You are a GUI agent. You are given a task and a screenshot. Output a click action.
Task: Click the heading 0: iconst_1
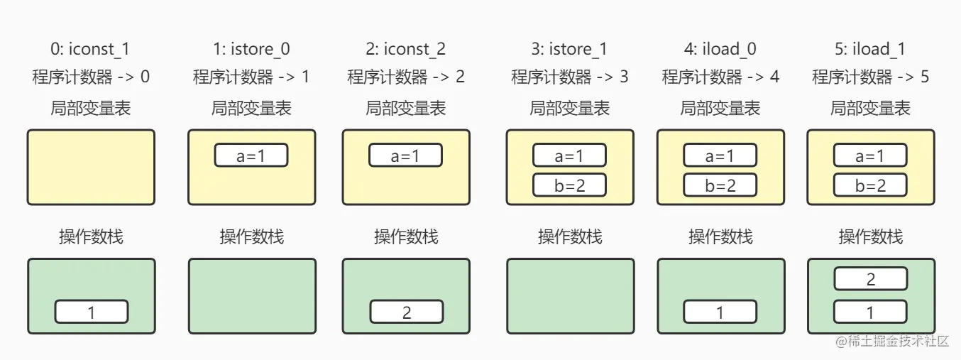[x=91, y=49]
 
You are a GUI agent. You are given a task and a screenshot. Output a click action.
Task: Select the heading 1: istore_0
[x=251, y=49]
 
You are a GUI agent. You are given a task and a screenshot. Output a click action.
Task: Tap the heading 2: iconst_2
[x=406, y=49]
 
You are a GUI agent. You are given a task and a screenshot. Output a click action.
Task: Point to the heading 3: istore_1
[x=570, y=49]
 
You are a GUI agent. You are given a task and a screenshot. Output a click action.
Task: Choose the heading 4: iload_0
[x=720, y=49]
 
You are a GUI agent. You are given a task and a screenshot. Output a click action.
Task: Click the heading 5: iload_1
[x=871, y=49]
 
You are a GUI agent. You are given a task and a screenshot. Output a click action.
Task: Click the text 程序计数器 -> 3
[x=570, y=77]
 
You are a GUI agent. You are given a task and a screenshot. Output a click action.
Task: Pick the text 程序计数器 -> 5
[x=871, y=77]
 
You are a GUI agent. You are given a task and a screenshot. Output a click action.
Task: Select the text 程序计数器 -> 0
[x=91, y=77]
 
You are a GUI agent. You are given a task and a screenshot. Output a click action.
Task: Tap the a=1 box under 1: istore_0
[x=251, y=156]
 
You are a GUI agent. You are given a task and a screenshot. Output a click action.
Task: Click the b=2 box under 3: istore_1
[x=570, y=185]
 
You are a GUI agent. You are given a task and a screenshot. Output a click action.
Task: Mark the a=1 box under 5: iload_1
[x=871, y=156]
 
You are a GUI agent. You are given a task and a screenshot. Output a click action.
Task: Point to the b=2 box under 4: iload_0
[x=720, y=185]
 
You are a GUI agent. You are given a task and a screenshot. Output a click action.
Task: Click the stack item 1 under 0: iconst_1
[x=92, y=312]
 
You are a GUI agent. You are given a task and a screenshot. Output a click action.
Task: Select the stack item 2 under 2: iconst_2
[x=406, y=312]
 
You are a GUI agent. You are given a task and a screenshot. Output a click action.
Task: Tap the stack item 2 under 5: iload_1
[x=871, y=279]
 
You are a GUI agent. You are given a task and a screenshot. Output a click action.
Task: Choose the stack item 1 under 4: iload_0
[x=720, y=312]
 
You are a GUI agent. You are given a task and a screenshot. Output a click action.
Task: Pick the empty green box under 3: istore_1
[x=570, y=296]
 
